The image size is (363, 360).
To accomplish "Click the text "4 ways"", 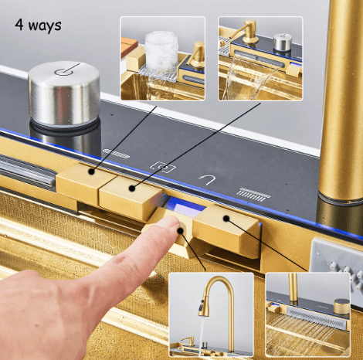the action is coord(38,25).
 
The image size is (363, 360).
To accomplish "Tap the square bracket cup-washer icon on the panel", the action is coord(163,168).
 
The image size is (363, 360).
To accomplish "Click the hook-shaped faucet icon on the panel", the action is coord(206,179).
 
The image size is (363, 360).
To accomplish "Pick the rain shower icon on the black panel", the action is coord(253,195).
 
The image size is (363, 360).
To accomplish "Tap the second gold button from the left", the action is coord(130,197).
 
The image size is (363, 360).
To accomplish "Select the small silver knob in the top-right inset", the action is coord(283,42).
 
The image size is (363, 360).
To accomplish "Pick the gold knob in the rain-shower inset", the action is coord(341,307).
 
